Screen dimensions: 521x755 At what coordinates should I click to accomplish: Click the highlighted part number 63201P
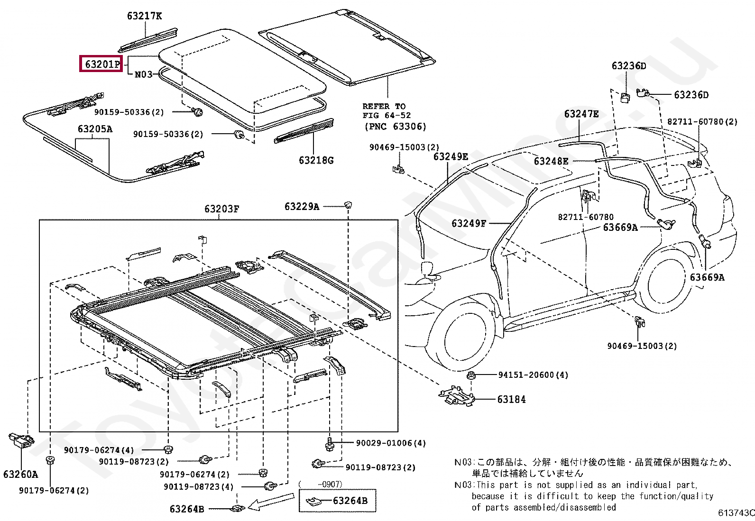coord(101,64)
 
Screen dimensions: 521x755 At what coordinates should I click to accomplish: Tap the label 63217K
coord(144,16)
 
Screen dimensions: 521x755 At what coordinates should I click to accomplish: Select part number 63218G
coord(316,160)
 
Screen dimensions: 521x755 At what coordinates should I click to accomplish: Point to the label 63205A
coord(95,129)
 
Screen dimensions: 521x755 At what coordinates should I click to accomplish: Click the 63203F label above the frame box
coord(221,209)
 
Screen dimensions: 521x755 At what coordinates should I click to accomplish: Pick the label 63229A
coord(302,206)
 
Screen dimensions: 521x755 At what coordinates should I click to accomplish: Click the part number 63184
coord(511,400)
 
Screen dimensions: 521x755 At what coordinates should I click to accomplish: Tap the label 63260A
coord(20,474)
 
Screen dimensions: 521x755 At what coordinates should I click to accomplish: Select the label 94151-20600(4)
coord(533,375)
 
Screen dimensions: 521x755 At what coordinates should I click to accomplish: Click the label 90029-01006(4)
coord(391,443)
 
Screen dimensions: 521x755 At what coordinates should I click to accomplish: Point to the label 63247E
coord(581,114)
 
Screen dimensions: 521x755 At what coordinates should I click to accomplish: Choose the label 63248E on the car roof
coord(551,161)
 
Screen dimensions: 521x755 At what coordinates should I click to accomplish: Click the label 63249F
coord(469,223)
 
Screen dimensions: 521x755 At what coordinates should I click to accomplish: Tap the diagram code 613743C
coord(736,512)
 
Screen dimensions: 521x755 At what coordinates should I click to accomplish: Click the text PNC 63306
coord(396,127)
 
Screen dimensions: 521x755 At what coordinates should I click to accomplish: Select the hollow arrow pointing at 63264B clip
coord(271,502)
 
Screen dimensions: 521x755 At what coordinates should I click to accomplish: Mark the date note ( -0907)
coord(321,484)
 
